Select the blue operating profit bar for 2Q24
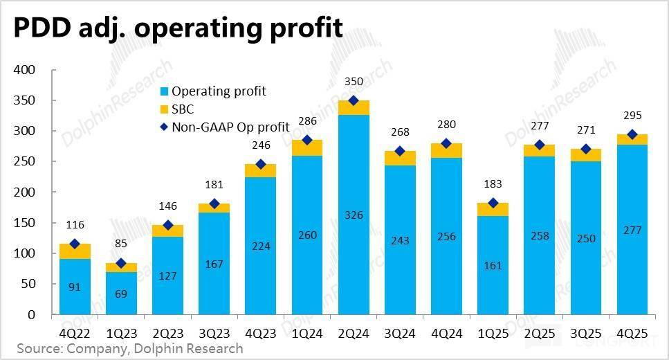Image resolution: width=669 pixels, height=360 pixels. click(354, 263)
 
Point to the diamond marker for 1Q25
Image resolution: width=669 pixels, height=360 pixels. click(493, 203)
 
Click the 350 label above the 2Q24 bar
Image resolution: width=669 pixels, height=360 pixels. click(354, 82)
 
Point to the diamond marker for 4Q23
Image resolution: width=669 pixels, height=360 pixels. click(261, 164)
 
